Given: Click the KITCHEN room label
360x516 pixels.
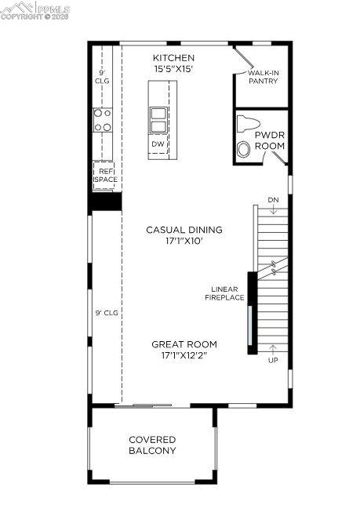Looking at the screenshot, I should [x=173, y=58].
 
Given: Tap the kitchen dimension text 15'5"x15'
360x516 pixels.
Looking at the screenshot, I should [x=173, y=69].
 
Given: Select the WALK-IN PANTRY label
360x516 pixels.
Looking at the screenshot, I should [x=264, y=77].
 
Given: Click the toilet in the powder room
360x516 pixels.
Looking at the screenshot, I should [x=248, y=125].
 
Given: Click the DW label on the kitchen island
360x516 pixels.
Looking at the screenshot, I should [x=158, y=144].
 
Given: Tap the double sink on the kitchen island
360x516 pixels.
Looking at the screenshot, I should [x=158, y=118].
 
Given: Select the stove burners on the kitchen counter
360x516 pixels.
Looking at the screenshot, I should [x=103, y=119].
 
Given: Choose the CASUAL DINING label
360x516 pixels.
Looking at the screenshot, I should [x=184, y=230].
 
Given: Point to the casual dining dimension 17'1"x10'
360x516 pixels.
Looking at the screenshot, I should [x=184, y=242].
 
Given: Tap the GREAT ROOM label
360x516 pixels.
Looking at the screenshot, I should [x=184, y=343].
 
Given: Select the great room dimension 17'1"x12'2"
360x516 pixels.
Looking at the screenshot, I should [x=184, y=355].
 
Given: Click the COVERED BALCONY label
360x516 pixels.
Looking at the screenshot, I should [x=152, y=445].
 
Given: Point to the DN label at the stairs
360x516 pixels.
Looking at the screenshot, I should [x=273, y=199].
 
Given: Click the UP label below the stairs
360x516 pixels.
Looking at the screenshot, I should [x=273, y=360].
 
